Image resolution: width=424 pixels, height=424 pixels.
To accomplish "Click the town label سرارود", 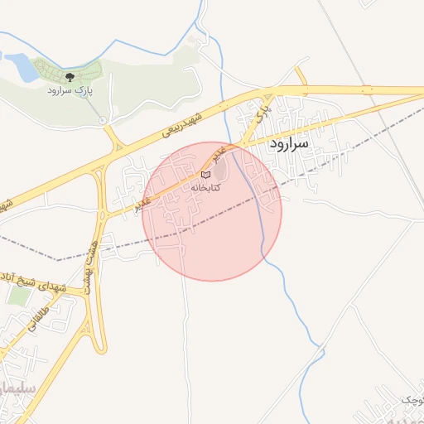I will pyautogui.click(x=288, y=143).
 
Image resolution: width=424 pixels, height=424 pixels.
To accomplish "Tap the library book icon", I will pyautogui.click(x=206, y=174).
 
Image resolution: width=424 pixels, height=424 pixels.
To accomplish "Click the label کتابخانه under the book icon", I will pyautogui.click(x=206, y=188).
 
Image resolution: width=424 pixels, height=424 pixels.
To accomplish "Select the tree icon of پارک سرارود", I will pyautogui.click(x=70, y=77).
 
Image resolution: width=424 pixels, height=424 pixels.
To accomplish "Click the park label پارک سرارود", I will pyautogui.click(x=70, y=89).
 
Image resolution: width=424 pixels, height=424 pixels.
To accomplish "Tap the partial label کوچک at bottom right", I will pyautogui.click(x=412, y=400).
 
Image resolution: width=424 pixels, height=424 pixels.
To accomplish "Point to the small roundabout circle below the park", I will pyautogui.click(x=103, y=120).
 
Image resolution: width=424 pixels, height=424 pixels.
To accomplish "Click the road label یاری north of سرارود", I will pyautogui.click(x=262, y=108).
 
